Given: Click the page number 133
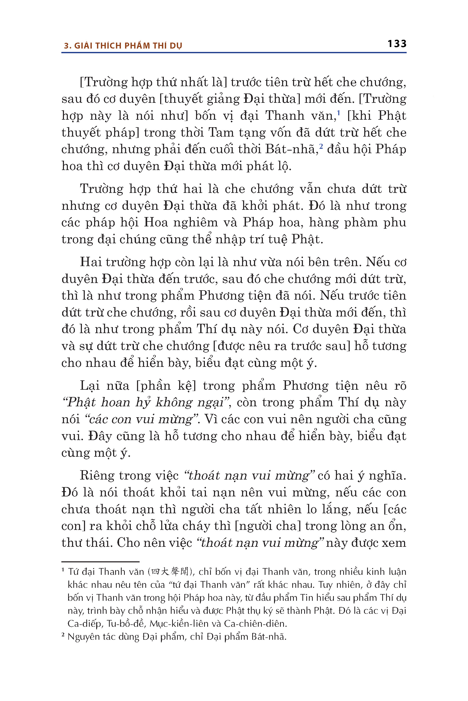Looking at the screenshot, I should point(397,44).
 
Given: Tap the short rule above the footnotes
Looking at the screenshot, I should point(100,562).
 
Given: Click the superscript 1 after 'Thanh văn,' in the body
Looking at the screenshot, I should point(339,112).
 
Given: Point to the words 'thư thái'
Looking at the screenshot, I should point(85,542).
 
